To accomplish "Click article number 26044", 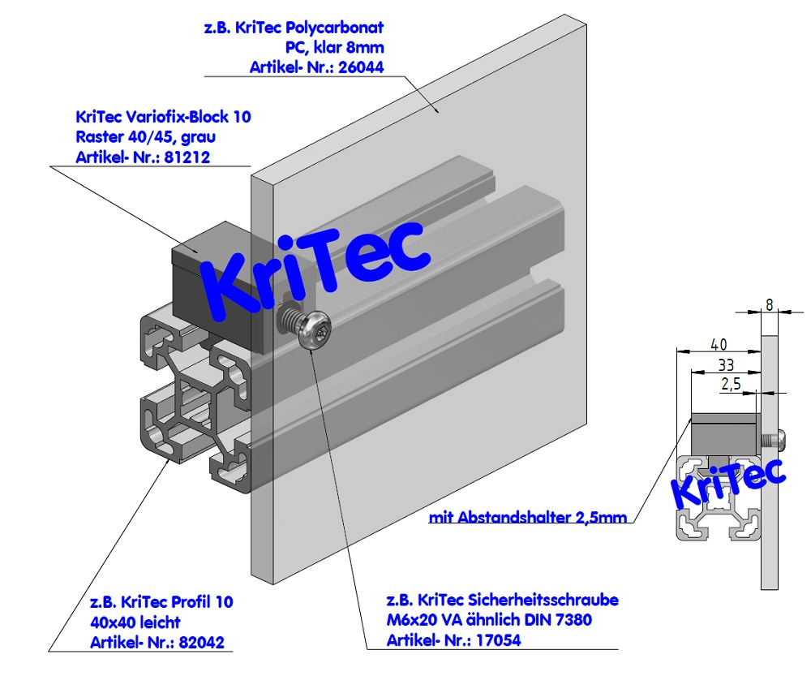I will [363, 69].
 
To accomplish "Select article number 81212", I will [188, 157].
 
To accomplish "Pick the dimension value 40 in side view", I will [719, 343].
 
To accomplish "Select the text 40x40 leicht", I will [135, 622].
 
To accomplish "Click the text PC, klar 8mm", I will [334, 49].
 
